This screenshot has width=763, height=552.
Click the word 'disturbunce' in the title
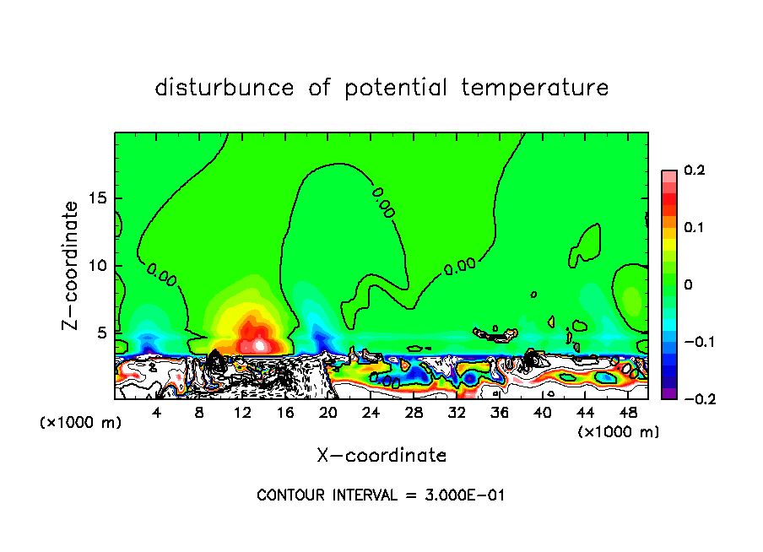224,88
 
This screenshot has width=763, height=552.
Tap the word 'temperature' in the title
535,88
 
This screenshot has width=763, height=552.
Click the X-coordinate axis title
381,456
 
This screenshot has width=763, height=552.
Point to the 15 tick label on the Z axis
98,198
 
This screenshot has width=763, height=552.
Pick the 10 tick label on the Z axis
98,265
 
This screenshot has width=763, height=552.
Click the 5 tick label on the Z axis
103,333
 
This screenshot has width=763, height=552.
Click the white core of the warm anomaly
261,344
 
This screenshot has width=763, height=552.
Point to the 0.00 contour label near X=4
161,273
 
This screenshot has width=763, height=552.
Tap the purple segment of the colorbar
668,393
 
